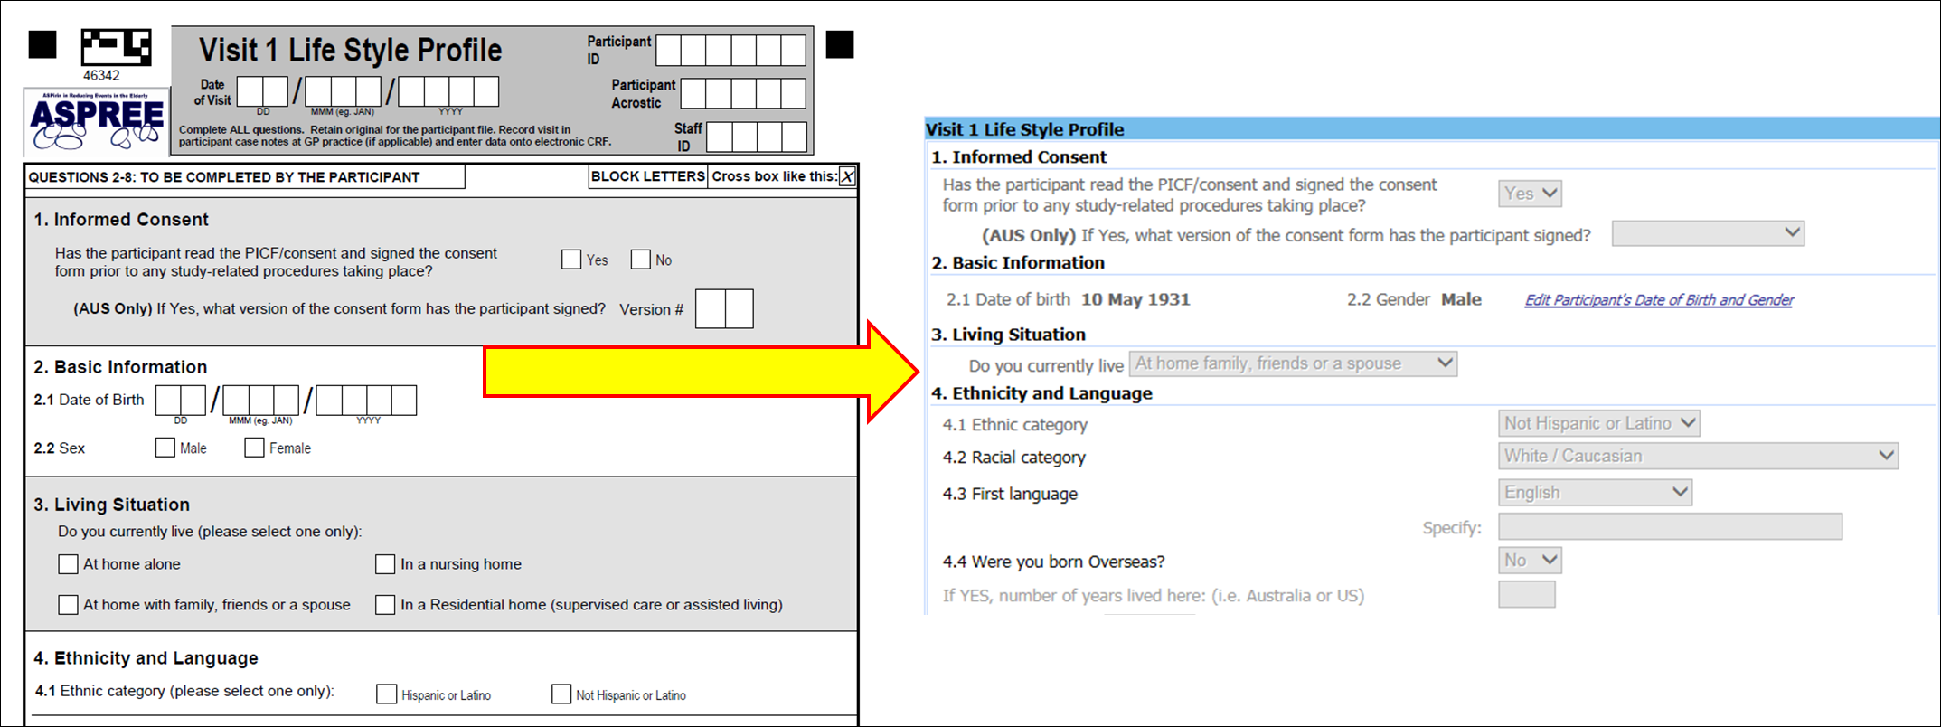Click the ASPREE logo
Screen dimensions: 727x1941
[x=97, y=122]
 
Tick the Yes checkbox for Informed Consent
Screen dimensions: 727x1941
[x=571, y=260]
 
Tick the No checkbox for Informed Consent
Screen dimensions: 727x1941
[x=641, y=260]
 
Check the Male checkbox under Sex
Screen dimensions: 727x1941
[x=165, y=448]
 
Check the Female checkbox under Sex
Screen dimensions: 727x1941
[x=254, y=448]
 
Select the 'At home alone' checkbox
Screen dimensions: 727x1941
[x=68, y=564]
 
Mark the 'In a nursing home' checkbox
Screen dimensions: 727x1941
[x=385, y=564]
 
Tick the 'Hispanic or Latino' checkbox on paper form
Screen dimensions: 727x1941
[x=387, y=694]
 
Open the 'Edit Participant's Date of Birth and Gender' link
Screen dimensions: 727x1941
[x=1659, y=300]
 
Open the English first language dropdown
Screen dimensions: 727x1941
[x=1595, y=493]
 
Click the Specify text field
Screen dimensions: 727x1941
[x=1670, y=527]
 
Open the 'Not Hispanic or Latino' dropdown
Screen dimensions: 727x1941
[x=1598, y=423]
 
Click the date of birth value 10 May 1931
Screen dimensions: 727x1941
[x=1135, y=299]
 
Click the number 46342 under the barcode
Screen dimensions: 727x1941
[x=101, y=76]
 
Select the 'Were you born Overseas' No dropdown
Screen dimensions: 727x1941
[x=1530, y=561]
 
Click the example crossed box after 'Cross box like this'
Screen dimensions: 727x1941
[x=847, y=176]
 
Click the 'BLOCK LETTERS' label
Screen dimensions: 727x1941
[x=647, y=176]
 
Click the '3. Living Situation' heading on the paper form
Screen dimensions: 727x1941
[x=112, y=505]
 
